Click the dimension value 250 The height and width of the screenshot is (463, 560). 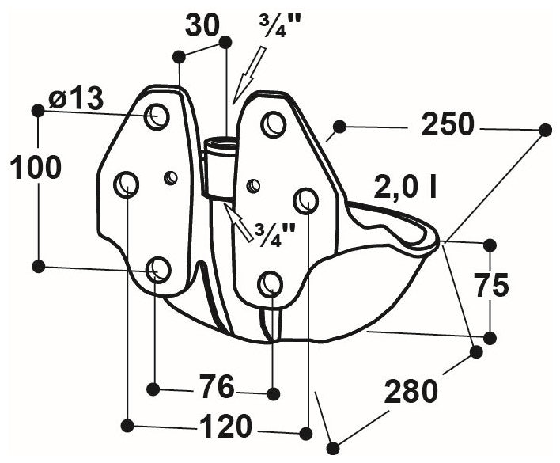pos(447,124)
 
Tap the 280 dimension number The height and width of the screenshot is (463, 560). pos(411,389)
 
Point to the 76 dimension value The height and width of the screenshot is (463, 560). pos(214,388)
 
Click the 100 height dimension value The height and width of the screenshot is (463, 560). pos(35,167)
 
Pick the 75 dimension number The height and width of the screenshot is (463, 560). pos(491,285)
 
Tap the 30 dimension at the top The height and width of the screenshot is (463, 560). pos(202,25)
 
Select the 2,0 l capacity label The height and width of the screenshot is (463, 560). pos(407,188)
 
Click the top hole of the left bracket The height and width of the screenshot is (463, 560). pos(157,116)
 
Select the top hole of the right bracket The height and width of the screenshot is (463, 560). pos(274,124)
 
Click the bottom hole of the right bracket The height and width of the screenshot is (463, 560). pos(271,283)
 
